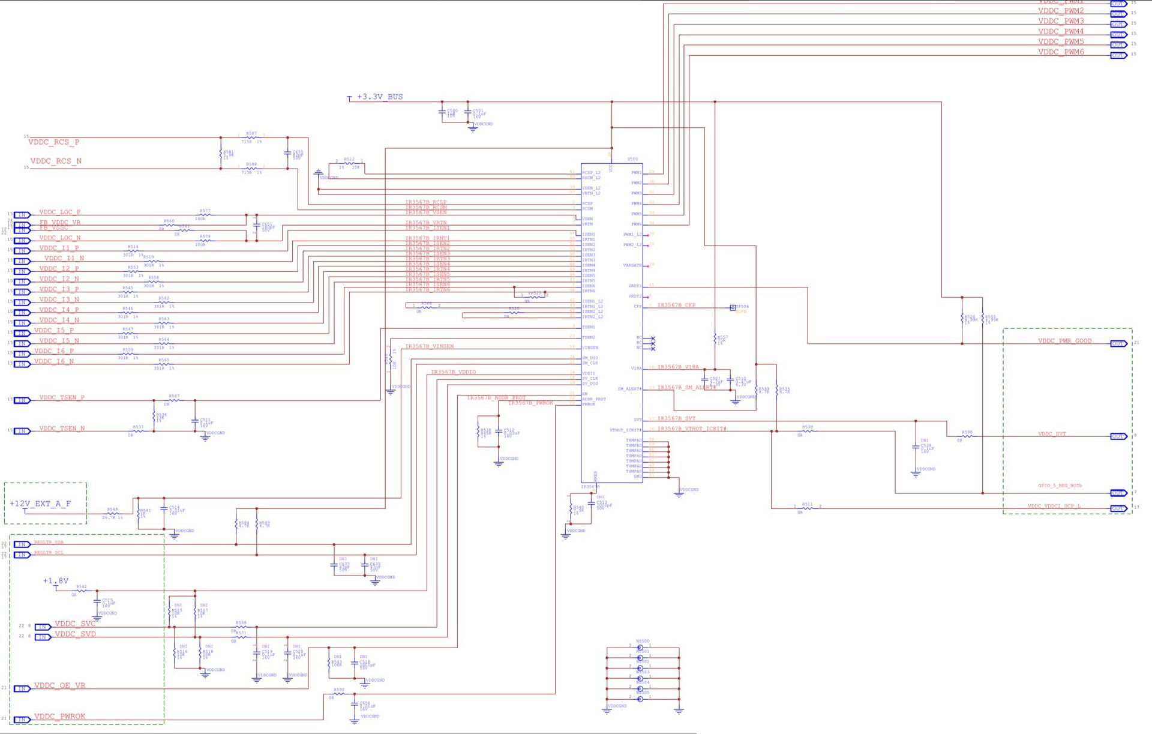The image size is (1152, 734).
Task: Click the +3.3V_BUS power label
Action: (379, 97)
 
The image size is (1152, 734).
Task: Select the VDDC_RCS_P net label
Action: (54, 142)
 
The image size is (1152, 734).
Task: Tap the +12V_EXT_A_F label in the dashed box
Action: (40, 504)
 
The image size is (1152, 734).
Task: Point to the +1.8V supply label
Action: (56, 581)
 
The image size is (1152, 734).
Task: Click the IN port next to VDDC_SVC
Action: (42, 627)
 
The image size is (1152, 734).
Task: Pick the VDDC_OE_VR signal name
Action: (59, 685)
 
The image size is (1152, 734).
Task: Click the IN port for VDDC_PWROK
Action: (22, 719)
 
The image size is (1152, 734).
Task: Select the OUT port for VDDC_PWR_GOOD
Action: (1118, 344)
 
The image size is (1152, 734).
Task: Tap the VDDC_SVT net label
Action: (1052, 434)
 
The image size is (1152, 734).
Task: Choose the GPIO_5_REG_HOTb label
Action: (1060, 486)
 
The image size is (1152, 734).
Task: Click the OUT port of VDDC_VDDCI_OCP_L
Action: (1118, 508)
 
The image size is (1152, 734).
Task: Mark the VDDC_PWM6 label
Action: (1061, 52)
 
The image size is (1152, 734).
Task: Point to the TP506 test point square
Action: (733, 308)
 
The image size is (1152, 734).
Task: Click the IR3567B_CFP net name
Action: (676, 305)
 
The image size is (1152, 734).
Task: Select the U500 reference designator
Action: (632, 159)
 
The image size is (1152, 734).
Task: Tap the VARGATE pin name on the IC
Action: (632, 265)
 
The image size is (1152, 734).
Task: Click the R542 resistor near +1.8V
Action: (82, 591)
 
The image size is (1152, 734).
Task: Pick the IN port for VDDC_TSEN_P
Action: (22, 400)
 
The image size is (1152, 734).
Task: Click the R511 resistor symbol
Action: (808, 508)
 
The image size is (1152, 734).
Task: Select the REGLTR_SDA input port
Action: (22, 544)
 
